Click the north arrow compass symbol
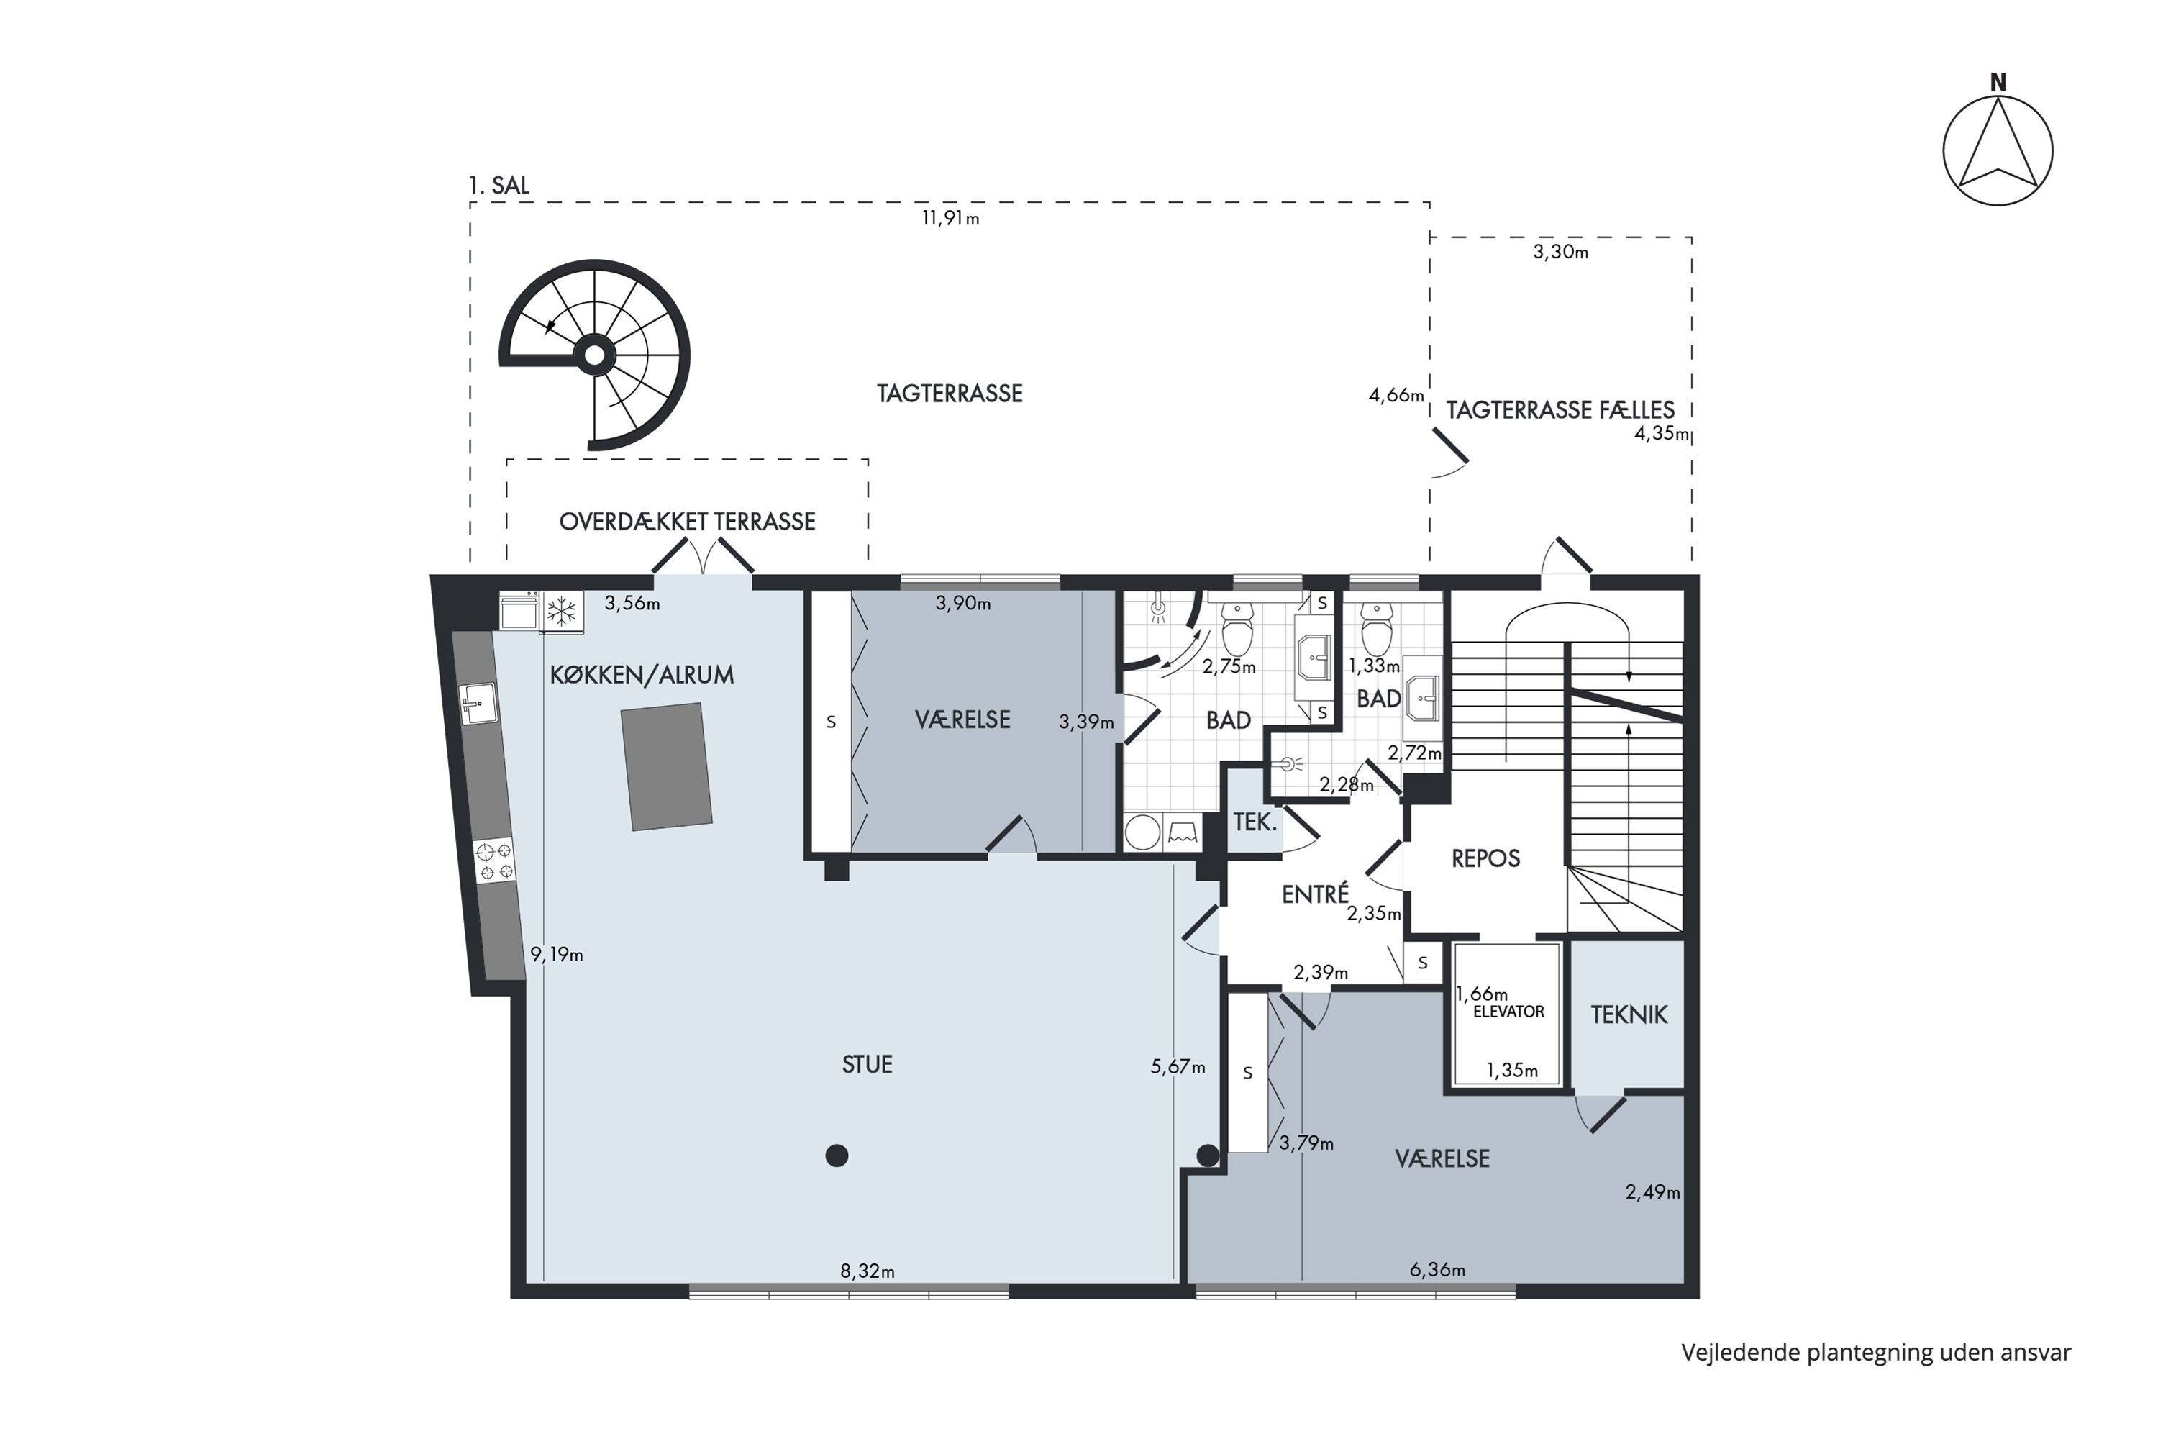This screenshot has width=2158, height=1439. [x=1998, y=150]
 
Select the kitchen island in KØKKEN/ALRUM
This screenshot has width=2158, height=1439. [x=667, y=766]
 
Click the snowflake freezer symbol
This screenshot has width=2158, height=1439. [x=562, y=610]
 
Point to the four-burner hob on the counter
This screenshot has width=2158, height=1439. [x=495, y=862]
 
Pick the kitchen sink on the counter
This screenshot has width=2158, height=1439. [x=478, y=704]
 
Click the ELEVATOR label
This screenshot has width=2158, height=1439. [x=1508, y=1012]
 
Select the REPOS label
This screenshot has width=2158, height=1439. [x=1485, y=858]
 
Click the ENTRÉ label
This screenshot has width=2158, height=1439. [x=1315, y=893]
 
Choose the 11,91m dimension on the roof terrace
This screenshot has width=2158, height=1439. [x=950, y=219]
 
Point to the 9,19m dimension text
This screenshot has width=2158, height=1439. [x=557, y=955]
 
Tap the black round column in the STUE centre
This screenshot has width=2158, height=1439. [x=836, y=1156]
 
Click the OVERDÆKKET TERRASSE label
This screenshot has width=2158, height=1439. [x=687, y=521]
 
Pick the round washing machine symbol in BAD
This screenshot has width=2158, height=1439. [x=1142, y=832]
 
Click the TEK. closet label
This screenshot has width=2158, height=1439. [x=1255, y=822]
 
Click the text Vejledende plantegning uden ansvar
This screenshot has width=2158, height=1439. [x=1876, y=1353]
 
